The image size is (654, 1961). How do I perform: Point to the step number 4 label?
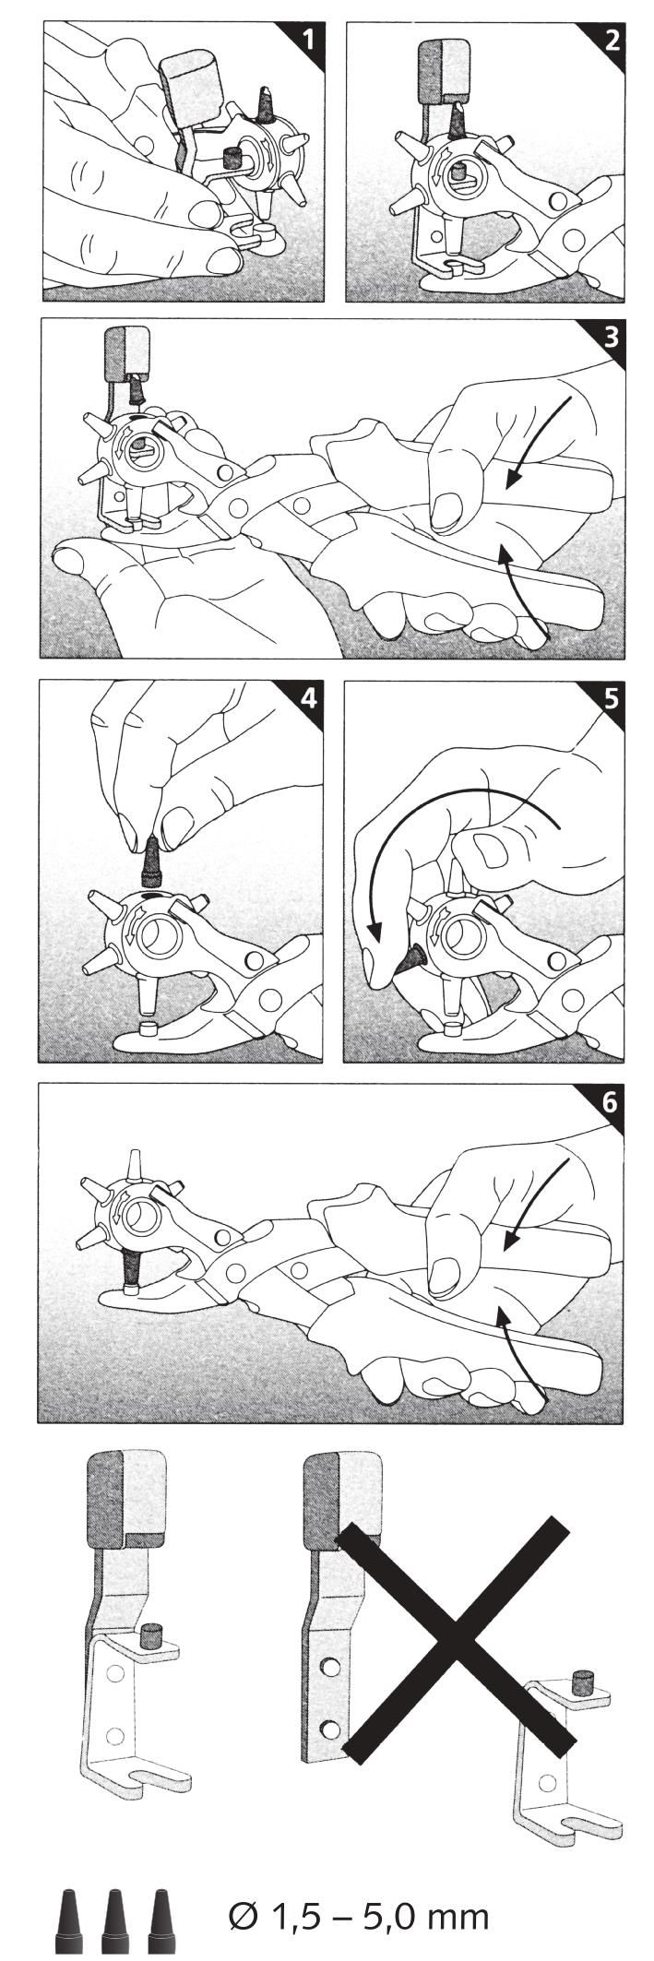click(307, 697)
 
